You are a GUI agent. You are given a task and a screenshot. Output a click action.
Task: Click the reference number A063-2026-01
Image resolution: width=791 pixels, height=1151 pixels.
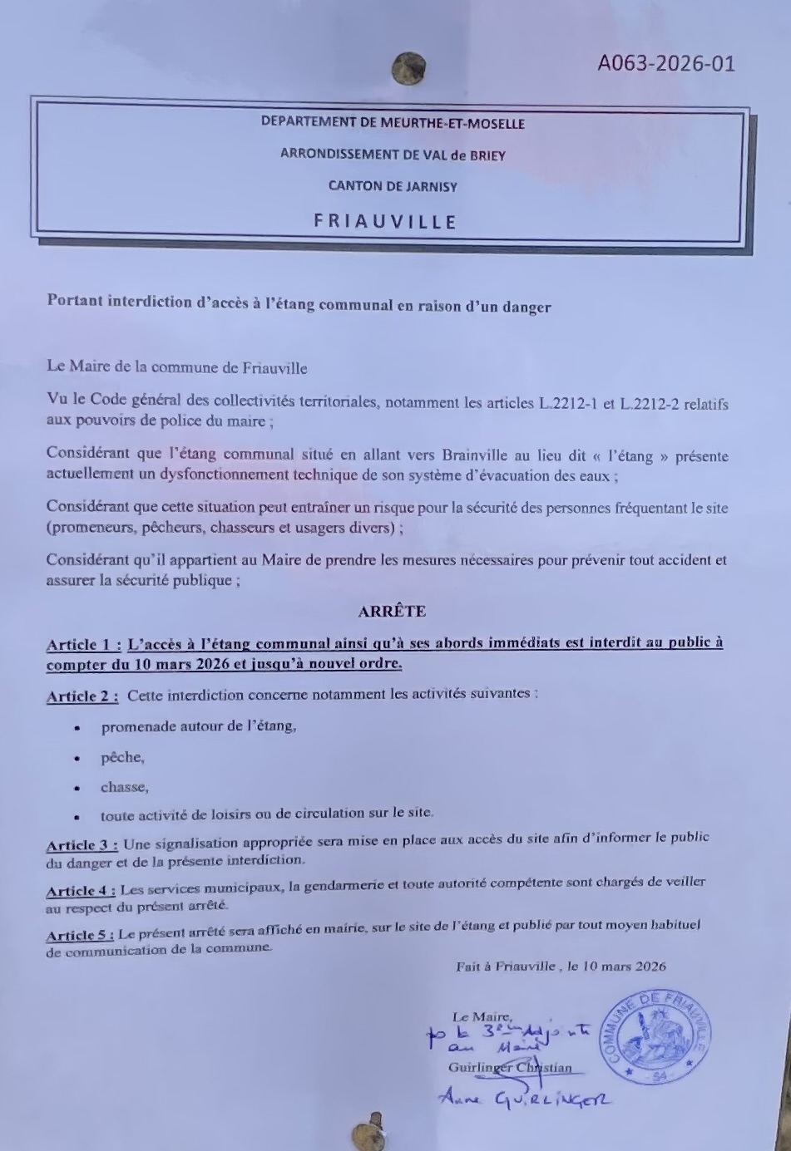point(665,63)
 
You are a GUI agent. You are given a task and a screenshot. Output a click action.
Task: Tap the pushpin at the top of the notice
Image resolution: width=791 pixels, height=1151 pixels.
point(408,69)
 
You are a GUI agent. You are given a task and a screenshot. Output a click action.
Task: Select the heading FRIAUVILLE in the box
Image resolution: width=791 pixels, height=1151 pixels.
point(385,222)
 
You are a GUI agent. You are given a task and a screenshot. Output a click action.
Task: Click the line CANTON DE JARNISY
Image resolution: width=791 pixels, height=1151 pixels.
point(393,186)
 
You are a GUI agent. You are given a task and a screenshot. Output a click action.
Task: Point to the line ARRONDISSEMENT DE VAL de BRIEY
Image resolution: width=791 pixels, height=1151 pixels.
point(393,155)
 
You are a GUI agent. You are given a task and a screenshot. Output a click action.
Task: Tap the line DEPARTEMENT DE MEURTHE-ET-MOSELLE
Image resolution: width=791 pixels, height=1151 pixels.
point(393,123)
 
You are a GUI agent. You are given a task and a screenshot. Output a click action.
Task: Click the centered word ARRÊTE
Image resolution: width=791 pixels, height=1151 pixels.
point(392,612)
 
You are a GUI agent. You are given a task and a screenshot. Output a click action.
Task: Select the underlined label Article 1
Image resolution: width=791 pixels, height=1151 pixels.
point(83,645)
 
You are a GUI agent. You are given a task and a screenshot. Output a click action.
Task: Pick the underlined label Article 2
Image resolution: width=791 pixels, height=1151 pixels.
point(82,696)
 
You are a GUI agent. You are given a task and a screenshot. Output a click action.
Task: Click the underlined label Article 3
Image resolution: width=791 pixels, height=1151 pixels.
point(82,845)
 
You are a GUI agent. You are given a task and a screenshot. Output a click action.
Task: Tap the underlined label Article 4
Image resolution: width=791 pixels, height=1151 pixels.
point(80,890)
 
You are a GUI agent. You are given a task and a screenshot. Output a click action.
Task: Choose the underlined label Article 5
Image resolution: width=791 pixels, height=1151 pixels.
point(79,935)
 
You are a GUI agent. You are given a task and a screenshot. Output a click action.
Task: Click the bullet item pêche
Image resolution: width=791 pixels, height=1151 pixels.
point(122,757)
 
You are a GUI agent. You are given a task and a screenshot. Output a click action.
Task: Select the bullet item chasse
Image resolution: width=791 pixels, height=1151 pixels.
point(124,787)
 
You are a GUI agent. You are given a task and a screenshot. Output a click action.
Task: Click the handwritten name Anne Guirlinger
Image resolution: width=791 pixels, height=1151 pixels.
point(524,1099)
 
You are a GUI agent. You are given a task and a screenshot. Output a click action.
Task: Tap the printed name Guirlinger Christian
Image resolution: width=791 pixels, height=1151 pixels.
point(510,1068)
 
